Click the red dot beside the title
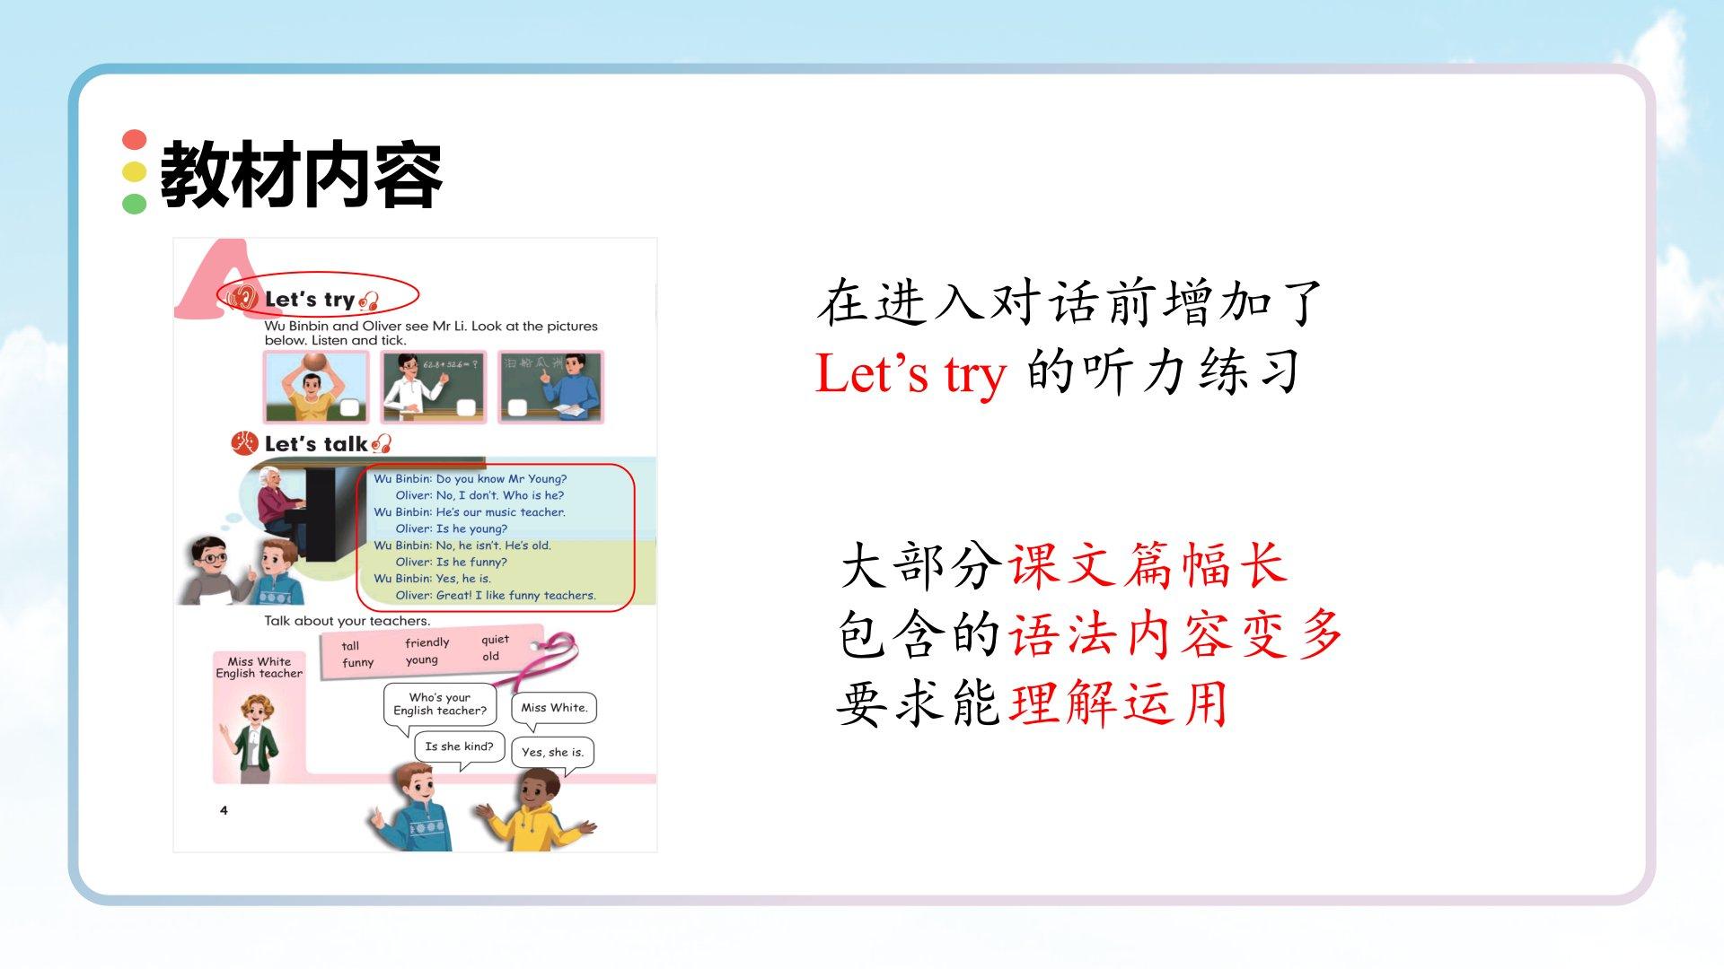135,140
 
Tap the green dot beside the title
135,204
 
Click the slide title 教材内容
301,175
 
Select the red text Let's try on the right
910,373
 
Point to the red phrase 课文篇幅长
1148,566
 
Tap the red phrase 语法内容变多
1176,634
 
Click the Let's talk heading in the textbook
317,443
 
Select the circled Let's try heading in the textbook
310,300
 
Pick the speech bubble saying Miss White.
554,708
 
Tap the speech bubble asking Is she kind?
459,747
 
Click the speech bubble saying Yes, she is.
552,752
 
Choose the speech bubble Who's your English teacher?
440,704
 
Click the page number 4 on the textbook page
224,810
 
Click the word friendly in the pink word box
427,642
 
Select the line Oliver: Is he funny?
451,562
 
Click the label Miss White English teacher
259,668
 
